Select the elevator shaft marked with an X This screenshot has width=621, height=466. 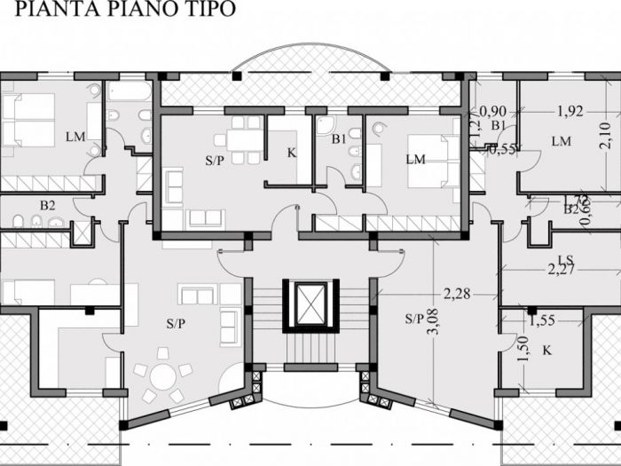coord(310,305)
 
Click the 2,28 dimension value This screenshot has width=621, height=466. coord(458,293)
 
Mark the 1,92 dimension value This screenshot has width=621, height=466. coord(570,112)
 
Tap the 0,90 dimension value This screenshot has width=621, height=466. coord(492,112)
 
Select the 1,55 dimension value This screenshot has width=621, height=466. coord(542,320)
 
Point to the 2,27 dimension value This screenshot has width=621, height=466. coord(562,269)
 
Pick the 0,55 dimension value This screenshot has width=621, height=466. coord(502,149)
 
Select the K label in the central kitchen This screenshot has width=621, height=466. coord(291,153)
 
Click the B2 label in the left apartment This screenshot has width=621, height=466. coord(47,205)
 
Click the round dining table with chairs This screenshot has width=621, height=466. coord(162,377)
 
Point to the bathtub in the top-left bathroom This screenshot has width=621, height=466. coord(130,91)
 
